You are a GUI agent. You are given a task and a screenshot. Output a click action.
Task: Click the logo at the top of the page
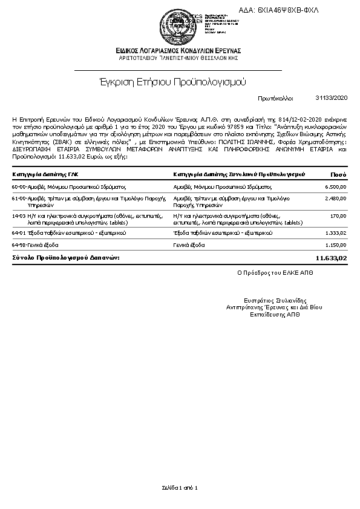[179, 22]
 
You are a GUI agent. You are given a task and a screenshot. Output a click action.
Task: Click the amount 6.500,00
[335, 187]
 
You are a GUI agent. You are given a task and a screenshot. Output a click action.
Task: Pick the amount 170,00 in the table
[339, 215]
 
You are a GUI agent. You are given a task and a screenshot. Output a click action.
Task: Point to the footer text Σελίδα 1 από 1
[180, 487]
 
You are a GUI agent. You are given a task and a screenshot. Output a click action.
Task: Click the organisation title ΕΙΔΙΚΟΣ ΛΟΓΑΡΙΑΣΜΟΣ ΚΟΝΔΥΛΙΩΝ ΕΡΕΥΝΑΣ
[179, 50]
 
